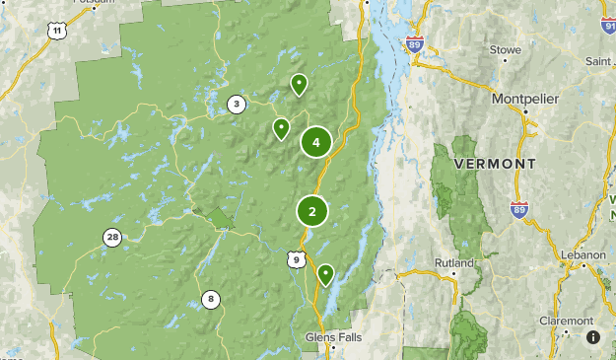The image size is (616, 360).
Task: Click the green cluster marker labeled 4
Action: pos(315,143)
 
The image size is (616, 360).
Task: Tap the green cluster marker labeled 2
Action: pos(312,211)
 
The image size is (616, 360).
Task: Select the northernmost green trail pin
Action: pos(299,84)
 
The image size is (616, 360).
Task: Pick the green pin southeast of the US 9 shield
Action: pos(325,273)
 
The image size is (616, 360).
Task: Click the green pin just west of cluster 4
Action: pos(282,127)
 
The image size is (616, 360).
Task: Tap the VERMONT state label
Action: pos(496,164)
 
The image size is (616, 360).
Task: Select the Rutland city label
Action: pos(454,263)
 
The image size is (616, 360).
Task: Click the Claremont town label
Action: pos(567,321)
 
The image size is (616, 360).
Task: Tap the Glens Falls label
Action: pos(333,336)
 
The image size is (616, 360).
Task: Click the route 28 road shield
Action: pos(112,237)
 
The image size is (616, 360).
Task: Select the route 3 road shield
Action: pos(236,104)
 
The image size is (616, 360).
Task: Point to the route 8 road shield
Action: pos(211,299)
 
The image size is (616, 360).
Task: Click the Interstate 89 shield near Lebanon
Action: pos(519,209)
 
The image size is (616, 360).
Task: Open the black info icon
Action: pos(593,337)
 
